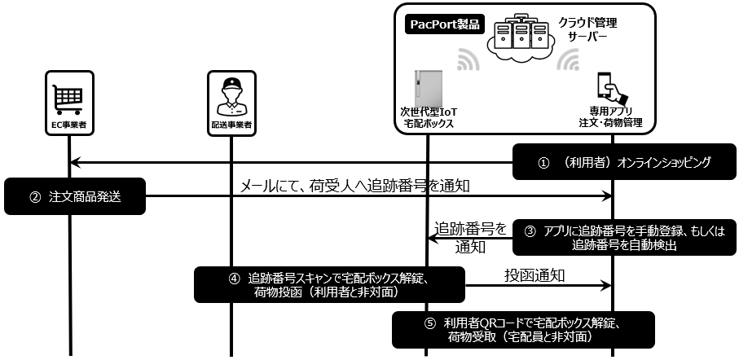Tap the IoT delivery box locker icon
coord(425,89)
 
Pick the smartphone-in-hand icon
coord(611,87)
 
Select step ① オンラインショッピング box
coord(625,161)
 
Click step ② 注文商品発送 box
coord(73,195)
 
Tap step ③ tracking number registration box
coord(625,235)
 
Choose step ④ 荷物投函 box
coord(329,283)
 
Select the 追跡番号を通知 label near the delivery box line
coord(470,235)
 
